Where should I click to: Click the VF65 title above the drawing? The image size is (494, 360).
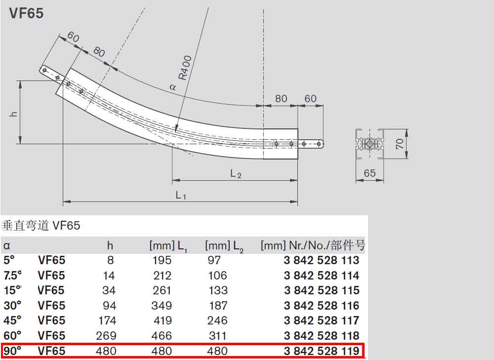click(27, 13)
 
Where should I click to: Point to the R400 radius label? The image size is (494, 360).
click(185, 67)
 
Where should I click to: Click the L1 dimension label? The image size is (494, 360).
click(181, 196)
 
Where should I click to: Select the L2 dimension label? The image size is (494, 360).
click(236, 173)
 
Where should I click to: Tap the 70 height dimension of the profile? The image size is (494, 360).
click(400, 144)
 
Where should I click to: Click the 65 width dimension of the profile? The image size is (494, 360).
click(370, 173)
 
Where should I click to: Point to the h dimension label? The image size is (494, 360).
click(14, 114)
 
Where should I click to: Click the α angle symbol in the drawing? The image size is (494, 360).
click(172, 87)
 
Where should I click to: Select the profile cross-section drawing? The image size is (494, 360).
click(370, 144)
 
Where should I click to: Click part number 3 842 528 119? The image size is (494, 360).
click(322, 351)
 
